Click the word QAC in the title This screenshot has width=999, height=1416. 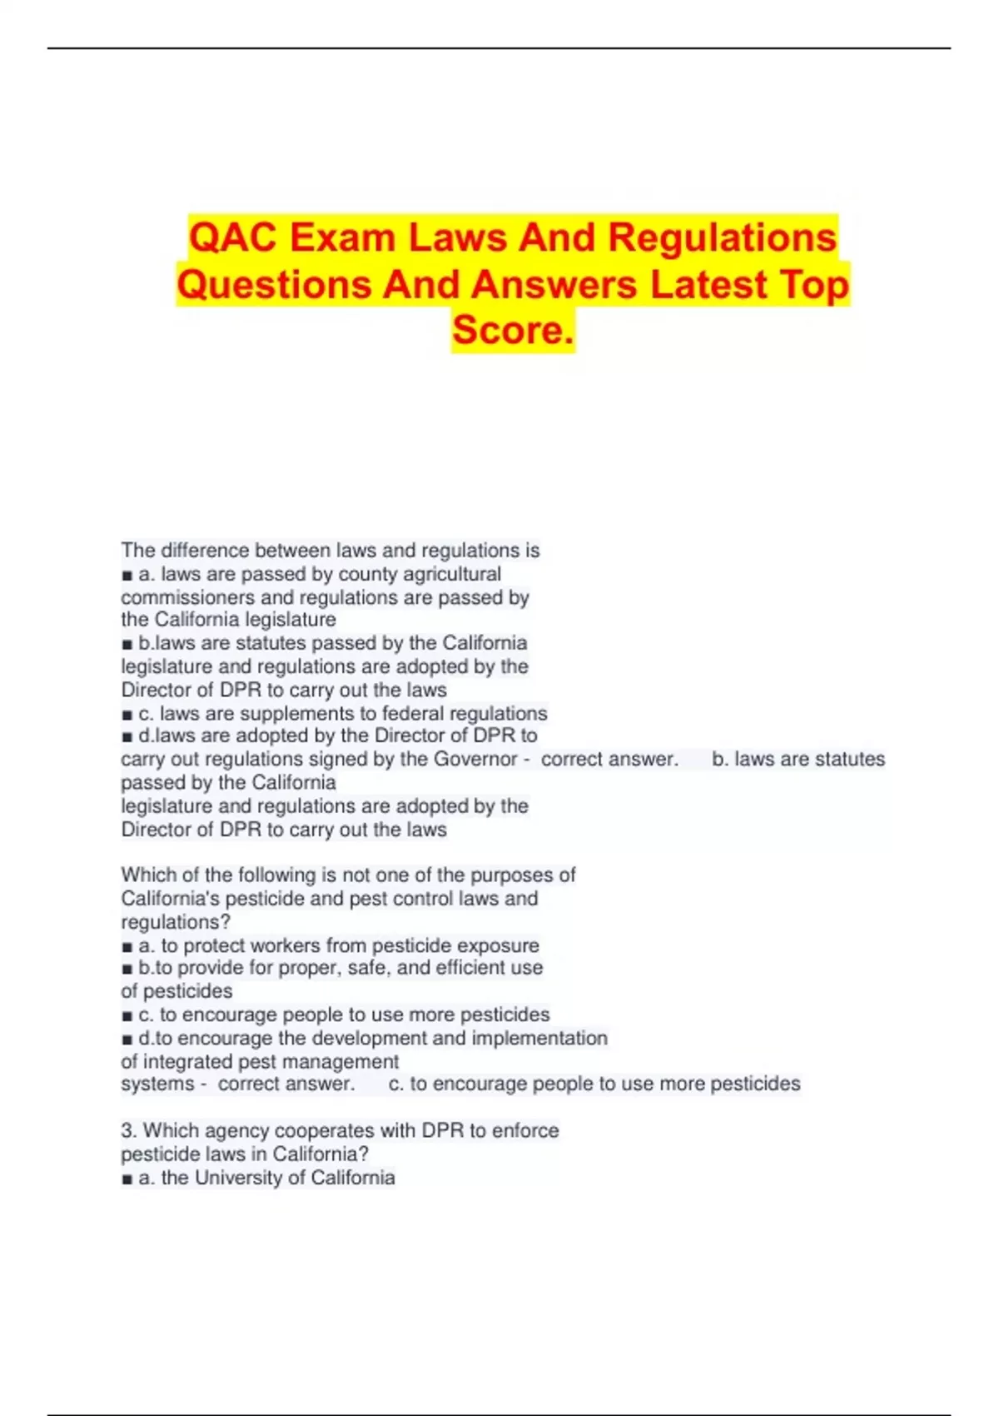(x=233, y=238)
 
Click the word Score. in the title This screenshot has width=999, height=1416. (x=513, y=331)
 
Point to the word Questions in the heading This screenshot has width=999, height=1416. (x=274, y=285)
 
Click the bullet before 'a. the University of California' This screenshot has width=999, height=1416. (x=127, y=1179)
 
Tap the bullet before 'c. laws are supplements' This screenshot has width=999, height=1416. (x=127, y=715)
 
